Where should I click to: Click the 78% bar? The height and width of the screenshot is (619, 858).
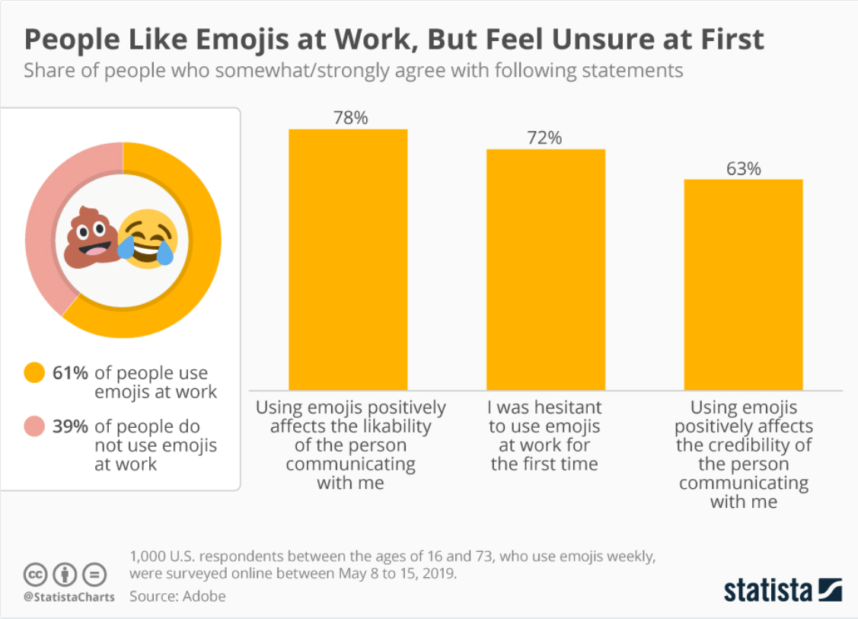tap(348, 259)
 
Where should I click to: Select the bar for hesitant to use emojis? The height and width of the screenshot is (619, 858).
tap(546, 269)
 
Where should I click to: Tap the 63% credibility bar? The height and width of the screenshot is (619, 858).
tap(743, 284)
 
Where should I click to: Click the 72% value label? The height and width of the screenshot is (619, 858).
tap(544, 138)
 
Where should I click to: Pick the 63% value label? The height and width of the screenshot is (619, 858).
tap(743, 168)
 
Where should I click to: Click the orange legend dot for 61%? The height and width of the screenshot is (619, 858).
tap(34, 373)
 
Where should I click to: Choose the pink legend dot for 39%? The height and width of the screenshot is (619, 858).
tap(34, 427)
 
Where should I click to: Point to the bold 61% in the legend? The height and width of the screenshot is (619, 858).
tap(70, 373)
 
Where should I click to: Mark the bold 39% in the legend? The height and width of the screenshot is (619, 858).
tap(70, 427)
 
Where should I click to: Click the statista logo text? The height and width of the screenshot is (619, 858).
tap(768, 590)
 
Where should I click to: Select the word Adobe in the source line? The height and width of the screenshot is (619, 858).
tap(204, 595)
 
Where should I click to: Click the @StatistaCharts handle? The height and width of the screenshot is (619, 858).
tap(69, 597)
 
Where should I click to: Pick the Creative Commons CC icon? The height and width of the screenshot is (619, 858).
tap(36, 573)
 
